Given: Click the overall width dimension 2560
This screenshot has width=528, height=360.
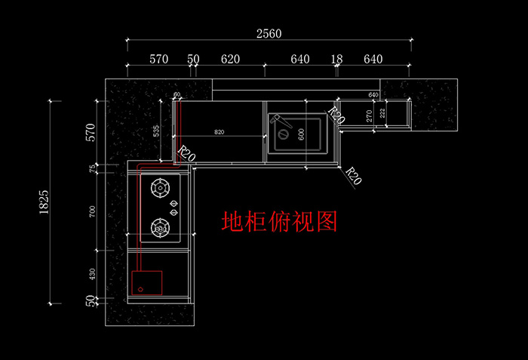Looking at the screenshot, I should tap(269, 33).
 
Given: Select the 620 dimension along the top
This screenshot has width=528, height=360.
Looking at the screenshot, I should tap(230, 59).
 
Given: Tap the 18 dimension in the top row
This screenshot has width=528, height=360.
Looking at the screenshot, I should tap(336, 59).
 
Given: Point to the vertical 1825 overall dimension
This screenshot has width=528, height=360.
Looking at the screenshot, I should tap(44, 202).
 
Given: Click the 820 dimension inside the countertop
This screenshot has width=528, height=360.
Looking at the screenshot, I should tap(219, 132).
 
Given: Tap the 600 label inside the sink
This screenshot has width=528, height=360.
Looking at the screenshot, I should tap(301, 133).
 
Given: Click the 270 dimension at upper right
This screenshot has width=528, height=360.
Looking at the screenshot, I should tap(369, 115).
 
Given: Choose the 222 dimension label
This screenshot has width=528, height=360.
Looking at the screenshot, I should tap(382, 113).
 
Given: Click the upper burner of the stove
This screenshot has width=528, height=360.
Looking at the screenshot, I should tap(161, 186).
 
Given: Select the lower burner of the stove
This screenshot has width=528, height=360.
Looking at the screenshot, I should tap(161, 226).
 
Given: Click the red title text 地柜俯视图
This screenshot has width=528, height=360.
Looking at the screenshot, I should tap(278, 221).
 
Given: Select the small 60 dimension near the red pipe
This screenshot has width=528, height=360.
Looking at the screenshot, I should tap(177, 95).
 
